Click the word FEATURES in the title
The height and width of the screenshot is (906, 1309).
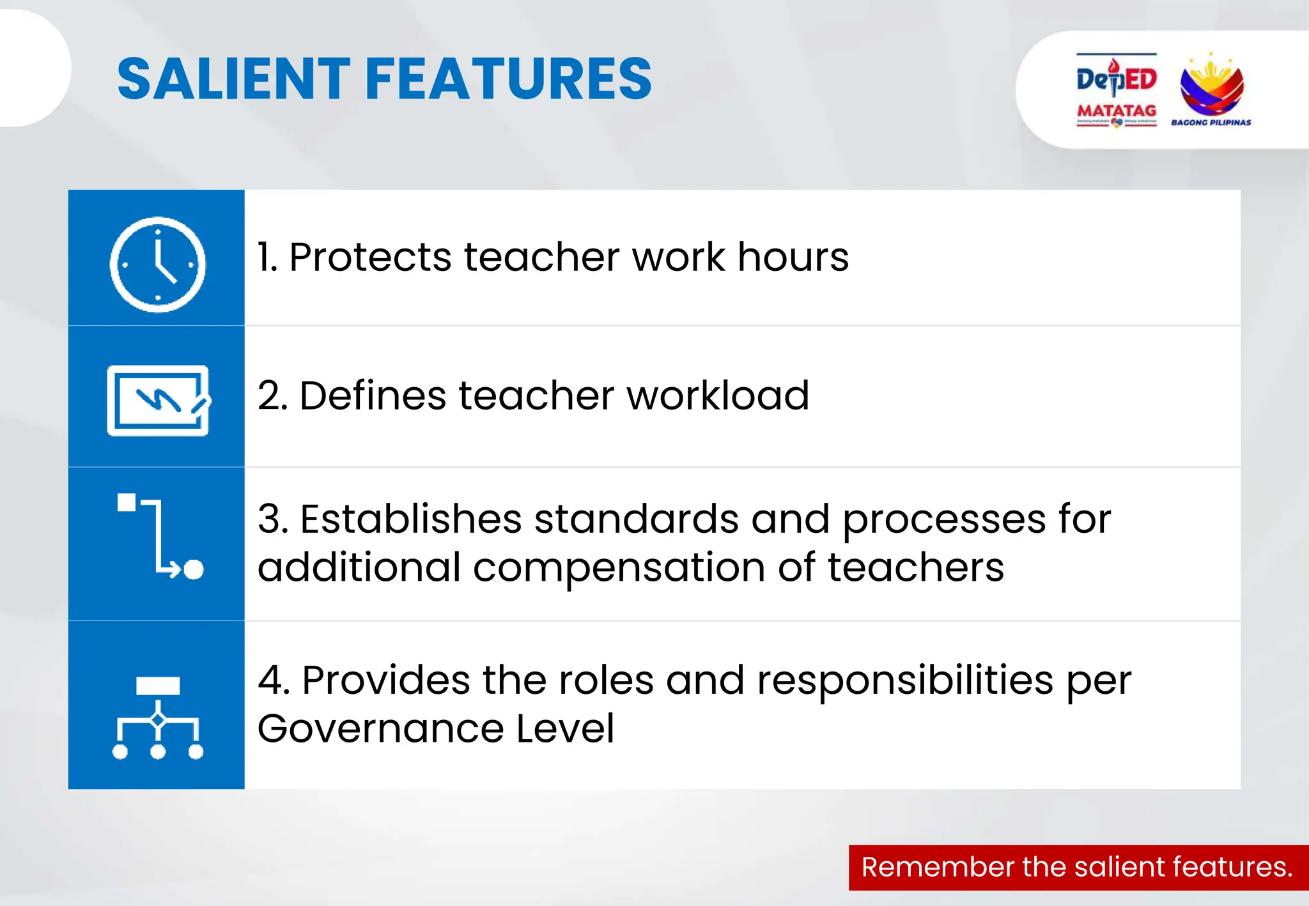coord(508,79)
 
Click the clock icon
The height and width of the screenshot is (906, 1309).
coord(157,264)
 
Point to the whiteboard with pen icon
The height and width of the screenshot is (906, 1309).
coord(158,401)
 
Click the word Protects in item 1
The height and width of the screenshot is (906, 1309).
coord(370,257)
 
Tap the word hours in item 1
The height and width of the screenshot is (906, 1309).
coord(793,257)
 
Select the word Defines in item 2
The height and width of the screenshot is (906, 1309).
coord(373,395)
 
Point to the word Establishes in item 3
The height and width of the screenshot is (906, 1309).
coord(411,519)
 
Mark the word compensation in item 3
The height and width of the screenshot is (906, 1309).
coord(619,568)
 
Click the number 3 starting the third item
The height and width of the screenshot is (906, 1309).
coord(271,519)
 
